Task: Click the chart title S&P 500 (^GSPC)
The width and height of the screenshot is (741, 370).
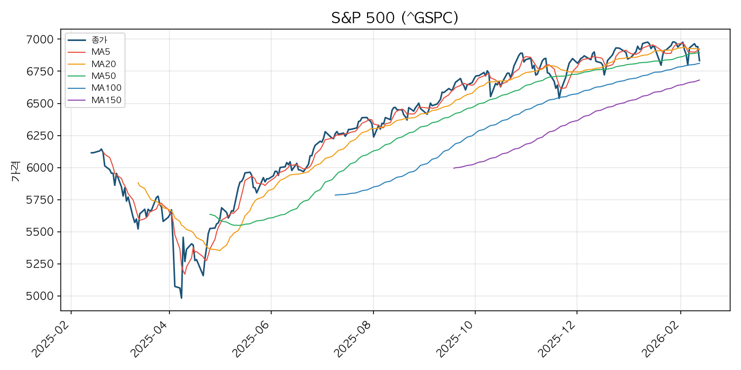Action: pyautogui.click(x=395, y=18)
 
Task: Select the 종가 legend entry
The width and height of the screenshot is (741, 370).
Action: pyautogui.click(x=99, y=40)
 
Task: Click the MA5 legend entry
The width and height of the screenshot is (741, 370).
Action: pyautogui.click(x=100, y=52)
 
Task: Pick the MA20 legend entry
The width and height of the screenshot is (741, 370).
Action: pyautogui.click(x=103, y=64)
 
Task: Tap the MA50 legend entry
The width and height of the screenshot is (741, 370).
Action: pyautogui.click(x=103, y=76)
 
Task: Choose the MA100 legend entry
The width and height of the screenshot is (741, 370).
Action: pyautogui.click(x=106, y=88)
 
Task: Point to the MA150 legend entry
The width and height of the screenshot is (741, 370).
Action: pyautogui.click(x=106, y=100)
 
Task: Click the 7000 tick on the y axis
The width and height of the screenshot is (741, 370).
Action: pyautogui.click(x=43, y=39)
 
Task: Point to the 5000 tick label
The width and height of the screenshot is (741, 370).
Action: pyautogui.click(x=43, y=296)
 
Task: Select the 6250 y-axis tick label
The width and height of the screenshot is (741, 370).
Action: pyautogui.click(x=43, y=136)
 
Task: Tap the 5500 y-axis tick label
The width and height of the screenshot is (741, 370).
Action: pyautogui.click(x=43, y=232)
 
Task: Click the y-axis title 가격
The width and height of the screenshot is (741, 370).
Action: pyautogui.click(x=16, y=175)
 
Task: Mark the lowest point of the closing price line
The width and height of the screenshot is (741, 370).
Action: pyautogui.click(x=181, y=298)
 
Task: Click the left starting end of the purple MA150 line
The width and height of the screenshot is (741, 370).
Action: pyautogui.click(x=453, y=168)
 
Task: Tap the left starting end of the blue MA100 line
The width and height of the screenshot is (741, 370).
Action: pyautogui.click(x=335, y=195)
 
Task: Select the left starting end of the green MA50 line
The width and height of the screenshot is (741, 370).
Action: pyautogui.click(x=210, y=214)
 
